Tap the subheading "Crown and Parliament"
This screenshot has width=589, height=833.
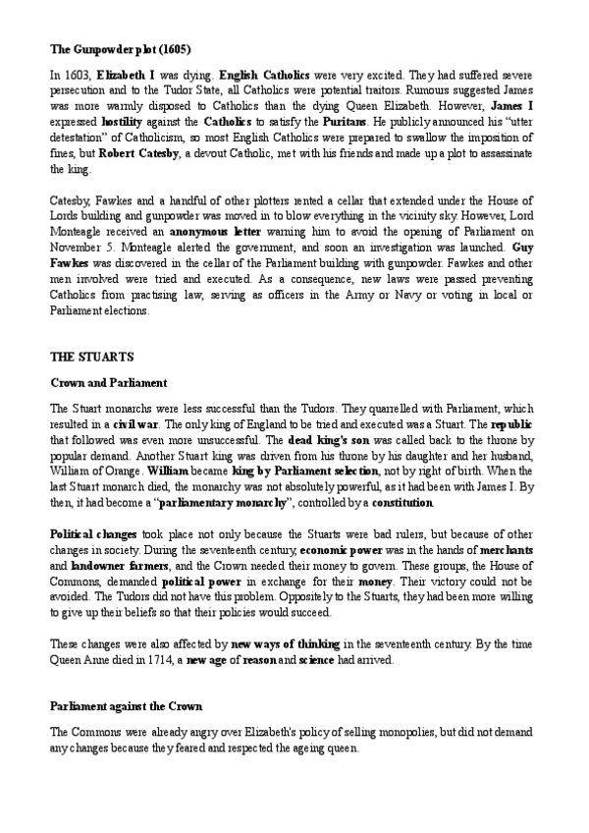pyautogui.click(x=108, y=381)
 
